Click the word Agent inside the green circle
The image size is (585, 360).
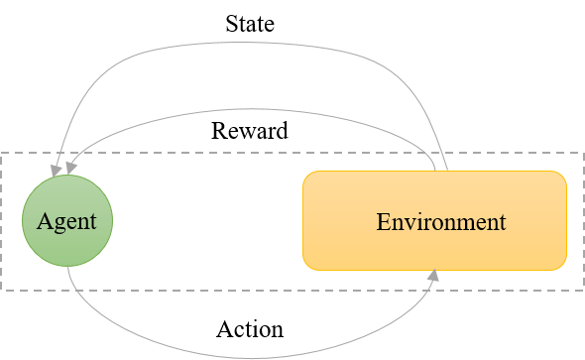point(67,220)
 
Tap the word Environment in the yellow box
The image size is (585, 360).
point(440,221)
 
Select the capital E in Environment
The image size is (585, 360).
point(383,221)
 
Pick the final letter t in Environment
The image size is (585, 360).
point(502,221)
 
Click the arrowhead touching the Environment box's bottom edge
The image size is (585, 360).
point(434,276)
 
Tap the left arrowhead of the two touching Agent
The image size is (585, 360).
point(56,171)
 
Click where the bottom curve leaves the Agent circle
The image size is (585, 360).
point(68,266)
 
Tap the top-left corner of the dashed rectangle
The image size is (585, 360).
point(2,153)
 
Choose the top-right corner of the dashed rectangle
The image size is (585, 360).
point(583,153)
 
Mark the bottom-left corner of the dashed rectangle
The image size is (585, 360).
point(2,290)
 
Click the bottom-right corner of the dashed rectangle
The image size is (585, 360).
point(583,290)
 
